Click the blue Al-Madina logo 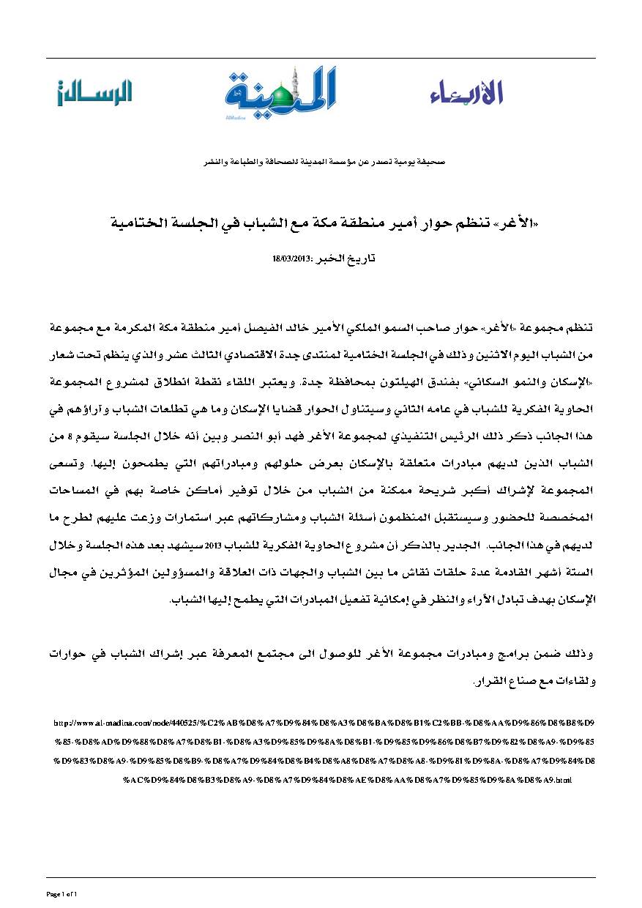(280, 93)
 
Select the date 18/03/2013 (288, 259)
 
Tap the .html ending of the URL (564, 781)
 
